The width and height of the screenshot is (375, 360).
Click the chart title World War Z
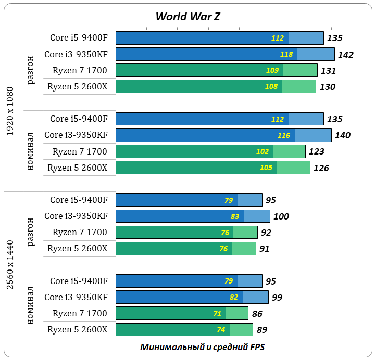[187, 16]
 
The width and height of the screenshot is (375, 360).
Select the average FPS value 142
[345, 55]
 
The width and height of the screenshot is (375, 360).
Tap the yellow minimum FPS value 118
[286, 54]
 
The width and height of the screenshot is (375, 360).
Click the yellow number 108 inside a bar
[271, 86]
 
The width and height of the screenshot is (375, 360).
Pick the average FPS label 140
[343, 135]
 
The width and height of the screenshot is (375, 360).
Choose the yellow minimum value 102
[262, 151]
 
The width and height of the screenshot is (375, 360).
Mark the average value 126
[321, 168]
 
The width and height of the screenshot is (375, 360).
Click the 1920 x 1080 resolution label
[11, 111]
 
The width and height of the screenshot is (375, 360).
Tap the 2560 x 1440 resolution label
[11, 265]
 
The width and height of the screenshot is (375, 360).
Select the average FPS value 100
[281, 216]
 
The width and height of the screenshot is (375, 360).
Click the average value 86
[257, 314]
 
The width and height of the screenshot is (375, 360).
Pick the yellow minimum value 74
[221, 330]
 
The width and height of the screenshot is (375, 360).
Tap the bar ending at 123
[210, 151]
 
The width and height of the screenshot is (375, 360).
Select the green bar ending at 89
[184, 330]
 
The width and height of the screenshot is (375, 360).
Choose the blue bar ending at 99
[192, 297]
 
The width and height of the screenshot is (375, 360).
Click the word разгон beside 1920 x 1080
[31, 71]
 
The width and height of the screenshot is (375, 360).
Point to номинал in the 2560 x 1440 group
[31, 305]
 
